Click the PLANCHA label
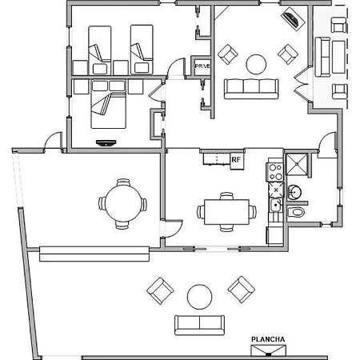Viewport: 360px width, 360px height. tap(268, 339)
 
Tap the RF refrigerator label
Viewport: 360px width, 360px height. tap(236, 160)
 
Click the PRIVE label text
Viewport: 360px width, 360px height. tap(202, 66)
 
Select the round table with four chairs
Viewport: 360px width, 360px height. tap(122, 204)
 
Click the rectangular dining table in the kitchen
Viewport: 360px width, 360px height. tap(226, 212)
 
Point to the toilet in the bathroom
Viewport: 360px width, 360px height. tap(296, 212)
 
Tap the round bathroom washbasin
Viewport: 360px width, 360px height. tap(294, 191)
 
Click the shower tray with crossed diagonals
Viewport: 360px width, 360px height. tap(296, 164)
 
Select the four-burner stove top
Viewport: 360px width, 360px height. tap(275, 172)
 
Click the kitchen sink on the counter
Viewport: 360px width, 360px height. tap(275, 205)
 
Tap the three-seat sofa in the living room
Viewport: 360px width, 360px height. tap(251, 89)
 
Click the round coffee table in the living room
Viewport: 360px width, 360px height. tap(256, 64)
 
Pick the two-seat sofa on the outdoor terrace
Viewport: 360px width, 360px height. tap(199, 325)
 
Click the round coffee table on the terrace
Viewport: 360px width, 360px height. tap(199, 297)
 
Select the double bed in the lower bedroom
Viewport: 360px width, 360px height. tap(108, 104)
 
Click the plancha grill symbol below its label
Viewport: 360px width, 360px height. tap(268, 350)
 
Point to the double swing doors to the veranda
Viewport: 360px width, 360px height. tap(302, 84)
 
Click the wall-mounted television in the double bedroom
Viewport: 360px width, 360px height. tap(106, 143)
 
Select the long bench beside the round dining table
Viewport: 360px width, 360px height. tap(94, 254)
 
